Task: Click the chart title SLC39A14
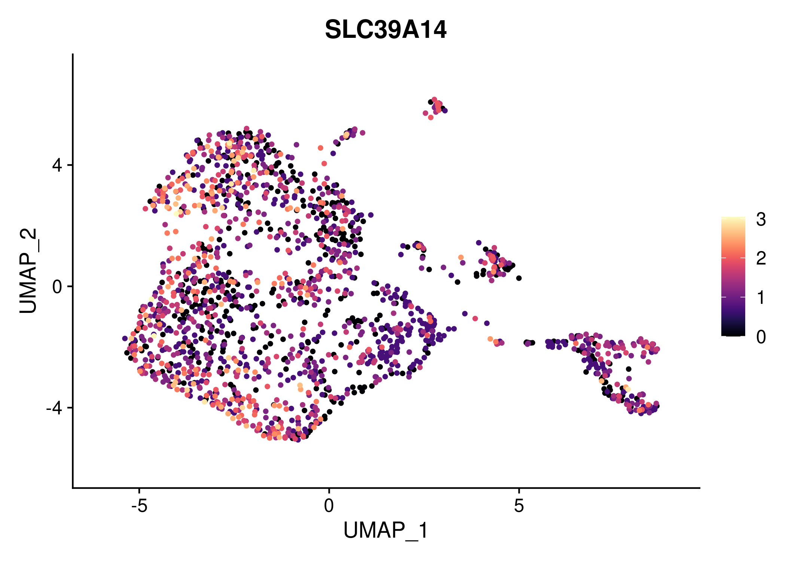tap(386, 30)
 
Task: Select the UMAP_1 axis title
tap(386, 530)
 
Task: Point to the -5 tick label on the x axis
tap(139, 506)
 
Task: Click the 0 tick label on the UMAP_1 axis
tap(329, 506)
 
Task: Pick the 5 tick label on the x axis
tap(518, 506)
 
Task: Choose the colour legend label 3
tap(761, 219)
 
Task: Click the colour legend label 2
tap(761, 258)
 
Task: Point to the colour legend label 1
tap(761, 297)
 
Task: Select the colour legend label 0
tap(761, 337)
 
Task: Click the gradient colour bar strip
tap(733, 276)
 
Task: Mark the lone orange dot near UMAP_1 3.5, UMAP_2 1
tap(461, 257)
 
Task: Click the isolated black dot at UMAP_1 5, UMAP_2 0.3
tap(519, 278)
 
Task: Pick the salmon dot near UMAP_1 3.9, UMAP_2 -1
tap(475, 318)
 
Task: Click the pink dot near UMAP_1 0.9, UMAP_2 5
tap(362, 133)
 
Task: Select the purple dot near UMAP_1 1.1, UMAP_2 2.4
tap(371, 215)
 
